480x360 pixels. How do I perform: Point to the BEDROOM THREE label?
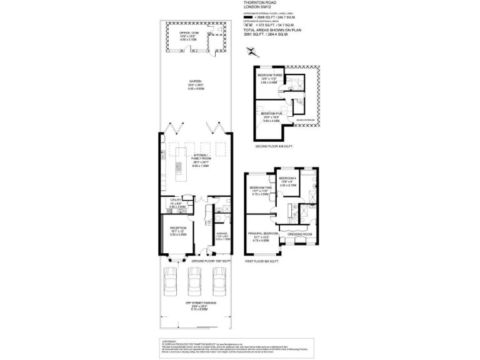coord(270,75)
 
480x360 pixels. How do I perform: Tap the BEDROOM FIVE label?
coord(270,113)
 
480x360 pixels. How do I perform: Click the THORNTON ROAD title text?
coord(257,2)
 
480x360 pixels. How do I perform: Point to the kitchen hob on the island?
coord(178,167)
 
